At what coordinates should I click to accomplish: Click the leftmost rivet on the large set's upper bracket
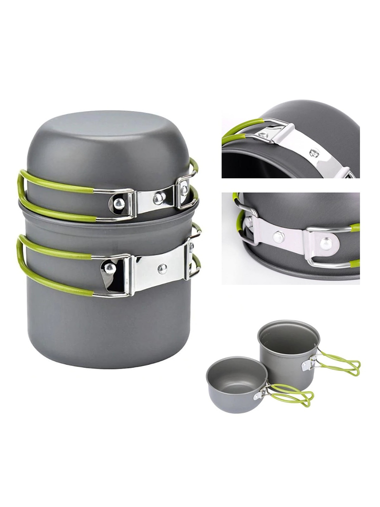119,203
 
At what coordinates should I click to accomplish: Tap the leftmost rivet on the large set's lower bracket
109,268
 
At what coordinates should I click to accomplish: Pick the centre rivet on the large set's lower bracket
162,269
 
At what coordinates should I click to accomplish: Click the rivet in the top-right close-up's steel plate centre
313,153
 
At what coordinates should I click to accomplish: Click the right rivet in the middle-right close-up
326,244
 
